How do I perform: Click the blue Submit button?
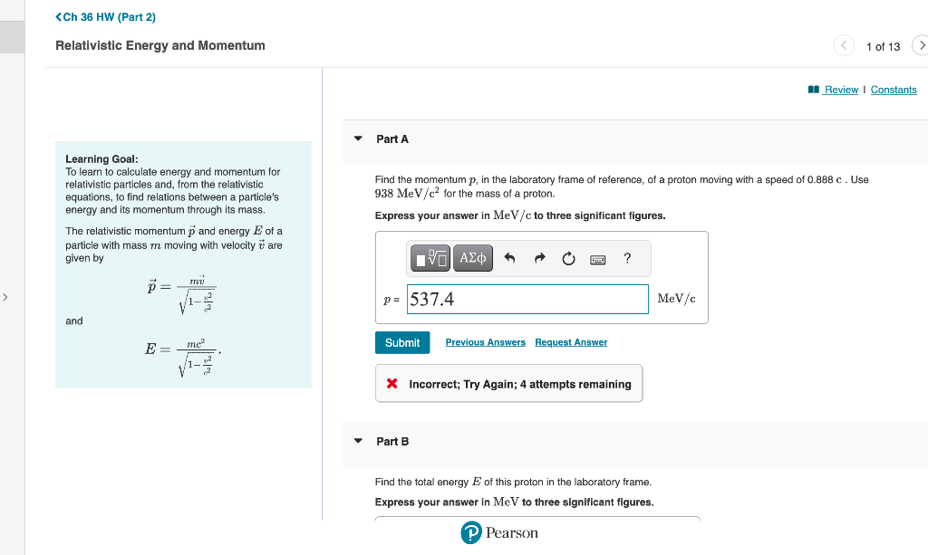(x=402, y=342)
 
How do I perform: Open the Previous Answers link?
(x=485, y=342)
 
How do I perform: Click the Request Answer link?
(x=571, y=342)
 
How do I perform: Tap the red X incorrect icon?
(x=391, y=384)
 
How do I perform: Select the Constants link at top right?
(x=893, y=90)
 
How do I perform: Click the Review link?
(x=840, y=90)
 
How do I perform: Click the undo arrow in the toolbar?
(x=509, y=258)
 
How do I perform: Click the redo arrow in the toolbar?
(x=539, y=258)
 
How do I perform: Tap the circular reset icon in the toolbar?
(x=568, y=258)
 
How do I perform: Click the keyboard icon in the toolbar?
(x=597, y=259)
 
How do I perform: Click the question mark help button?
(x=627, y=258)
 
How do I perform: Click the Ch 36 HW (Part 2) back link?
(x=105, y=17)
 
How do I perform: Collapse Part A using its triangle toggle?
(x=358, y=139)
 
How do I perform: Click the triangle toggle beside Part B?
(x=358, y=441)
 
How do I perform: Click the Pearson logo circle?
(x=470, y=533)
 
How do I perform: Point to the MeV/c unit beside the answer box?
(x=676, y=299)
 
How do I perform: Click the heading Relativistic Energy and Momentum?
(x=160, y=45)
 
